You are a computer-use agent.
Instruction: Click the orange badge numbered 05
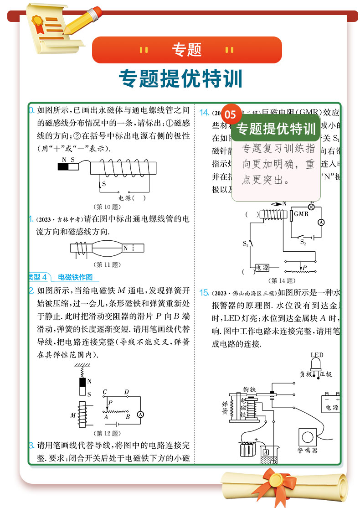click(231, 114)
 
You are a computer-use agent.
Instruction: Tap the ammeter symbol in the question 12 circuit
click(141, 414)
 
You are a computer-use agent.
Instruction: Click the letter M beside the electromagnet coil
click(73, 415)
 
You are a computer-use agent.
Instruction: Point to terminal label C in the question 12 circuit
click(105, 392)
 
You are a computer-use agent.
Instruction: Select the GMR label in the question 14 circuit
click(301, 214)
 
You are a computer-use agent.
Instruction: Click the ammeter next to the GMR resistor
click(320, 222)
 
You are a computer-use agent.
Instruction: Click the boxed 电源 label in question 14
click(262, 268)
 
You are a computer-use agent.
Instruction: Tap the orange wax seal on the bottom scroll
click(276, 479)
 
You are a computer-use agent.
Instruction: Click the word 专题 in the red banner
click(187, 50)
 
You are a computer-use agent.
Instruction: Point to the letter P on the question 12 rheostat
click(110, 402)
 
